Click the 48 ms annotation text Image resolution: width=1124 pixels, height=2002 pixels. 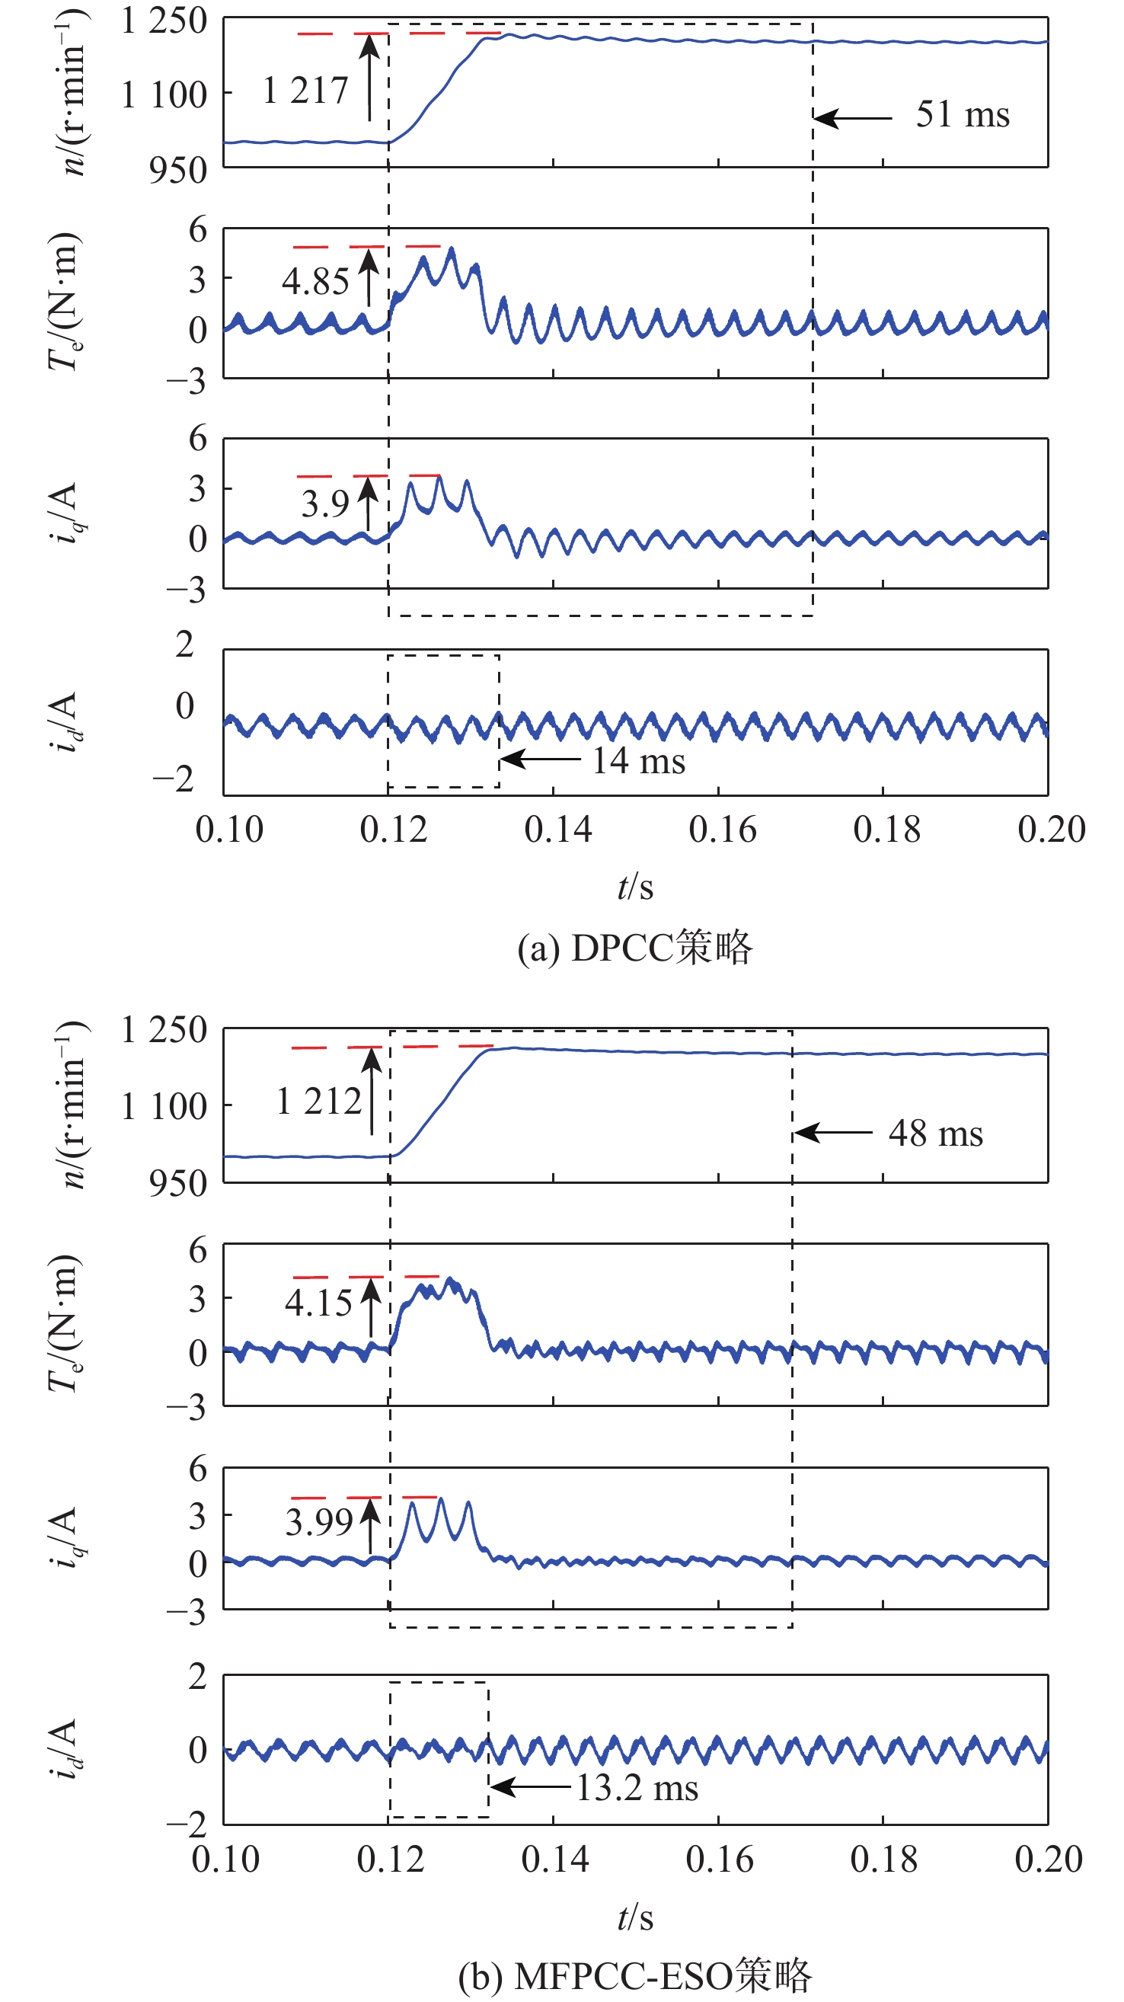click(x=935, y=1134)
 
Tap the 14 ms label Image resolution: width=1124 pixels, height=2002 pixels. click(x=638, y=761)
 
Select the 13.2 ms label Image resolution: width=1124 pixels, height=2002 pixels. click(x=637, y=1788)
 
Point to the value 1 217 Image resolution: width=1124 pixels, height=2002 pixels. click(x=305, y=91)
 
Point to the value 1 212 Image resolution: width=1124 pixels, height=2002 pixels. click(x=318, y=1102)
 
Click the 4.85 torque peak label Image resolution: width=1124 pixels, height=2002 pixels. click(x=315, y=281)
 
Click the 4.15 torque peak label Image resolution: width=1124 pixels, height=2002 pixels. click(x=318, y=1303)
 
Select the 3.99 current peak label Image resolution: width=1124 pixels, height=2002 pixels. click(x=318, y=1523)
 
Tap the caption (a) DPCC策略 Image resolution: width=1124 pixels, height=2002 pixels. click(x=634, y=948)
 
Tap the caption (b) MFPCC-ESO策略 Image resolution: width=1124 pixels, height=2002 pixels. click(x=634, y=1975)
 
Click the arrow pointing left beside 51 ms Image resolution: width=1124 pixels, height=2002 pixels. click(x=853, y=119)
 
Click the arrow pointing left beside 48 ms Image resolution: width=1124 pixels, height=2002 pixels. click(x=832, y=1133)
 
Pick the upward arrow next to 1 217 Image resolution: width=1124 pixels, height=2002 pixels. click(x=371, y=78)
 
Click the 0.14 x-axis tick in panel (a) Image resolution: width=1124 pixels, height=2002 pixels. click(x=557, y=830)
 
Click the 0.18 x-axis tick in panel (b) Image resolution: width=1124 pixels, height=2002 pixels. click(x=884, y=1860)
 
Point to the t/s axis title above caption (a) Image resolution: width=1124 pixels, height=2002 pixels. click(x=634, y=887)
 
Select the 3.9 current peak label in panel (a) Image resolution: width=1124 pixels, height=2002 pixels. click(x=324, y=505)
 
